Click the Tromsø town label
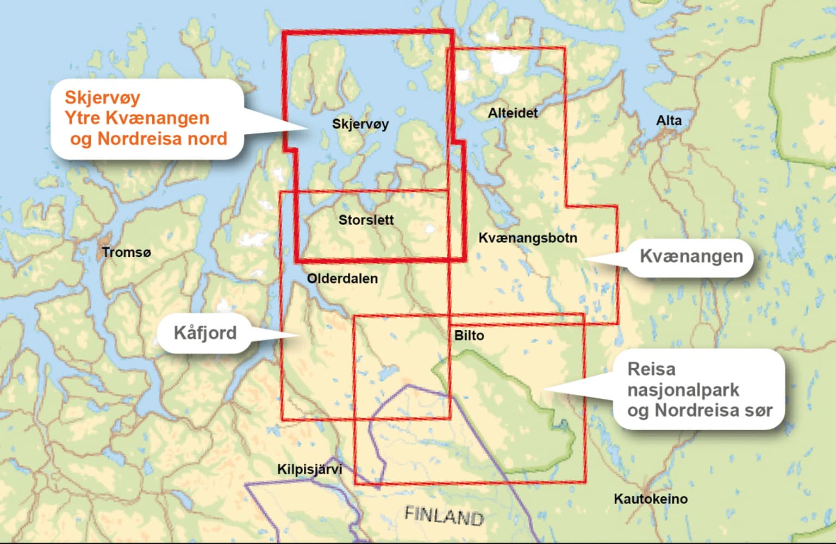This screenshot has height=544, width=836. (x=126, y=252)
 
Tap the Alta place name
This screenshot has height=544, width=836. (x=668, y=121)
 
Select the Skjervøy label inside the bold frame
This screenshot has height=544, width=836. (x=360, y=124)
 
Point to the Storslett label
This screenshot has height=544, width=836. (x=366, y=220)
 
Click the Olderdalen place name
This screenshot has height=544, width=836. (x=342, y=279)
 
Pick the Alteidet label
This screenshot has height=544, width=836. (x=512, y=113)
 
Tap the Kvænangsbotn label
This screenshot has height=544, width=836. (x=527, y=238)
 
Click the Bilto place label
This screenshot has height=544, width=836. (x=469, y=336)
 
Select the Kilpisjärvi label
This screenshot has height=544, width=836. (x=309, y=469)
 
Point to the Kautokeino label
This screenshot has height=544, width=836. (x=650, y=499)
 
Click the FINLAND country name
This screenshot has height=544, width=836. (x=444, y=515)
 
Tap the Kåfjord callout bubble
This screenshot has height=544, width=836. (x=205, y=333)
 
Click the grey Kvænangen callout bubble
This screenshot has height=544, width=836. (x=691, y=256)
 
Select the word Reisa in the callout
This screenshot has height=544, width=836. (x=651, y=369)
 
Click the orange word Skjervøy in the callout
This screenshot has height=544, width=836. (x=102, y=98)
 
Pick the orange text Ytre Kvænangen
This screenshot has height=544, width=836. (x=136, y=118)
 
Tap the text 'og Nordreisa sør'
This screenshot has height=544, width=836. (x=700, y=410)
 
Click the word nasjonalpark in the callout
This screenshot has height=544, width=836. (x=683, y=390)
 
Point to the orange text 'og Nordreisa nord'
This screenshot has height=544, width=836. (x=148, y=139)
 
